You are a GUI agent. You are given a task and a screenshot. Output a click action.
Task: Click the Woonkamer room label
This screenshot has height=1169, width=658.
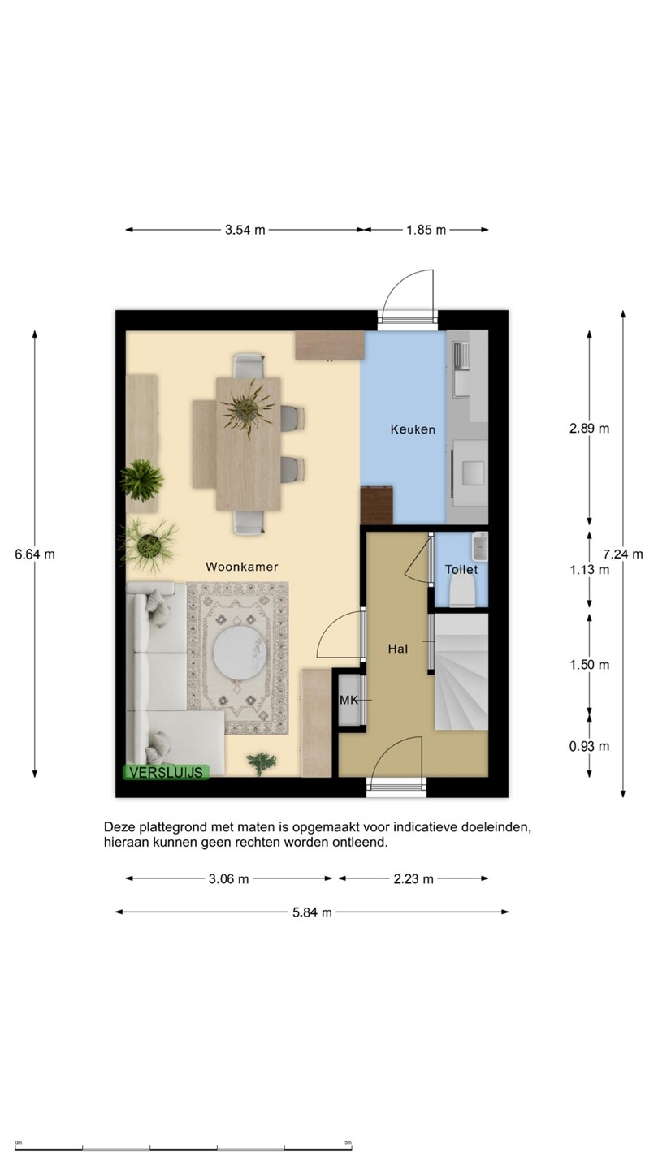point(242,567)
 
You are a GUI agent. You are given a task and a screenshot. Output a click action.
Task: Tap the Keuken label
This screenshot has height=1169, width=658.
point(413,429)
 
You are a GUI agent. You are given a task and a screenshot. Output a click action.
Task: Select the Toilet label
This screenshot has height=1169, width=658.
point(461,569)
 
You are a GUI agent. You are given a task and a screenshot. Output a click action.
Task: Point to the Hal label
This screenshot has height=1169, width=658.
point(398,649)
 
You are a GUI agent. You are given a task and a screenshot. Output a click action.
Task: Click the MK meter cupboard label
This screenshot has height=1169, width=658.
point(348,700)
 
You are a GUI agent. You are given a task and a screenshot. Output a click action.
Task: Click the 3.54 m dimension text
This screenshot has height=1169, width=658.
point(245,230)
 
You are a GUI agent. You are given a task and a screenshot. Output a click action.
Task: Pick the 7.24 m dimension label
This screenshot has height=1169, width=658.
point(622,554)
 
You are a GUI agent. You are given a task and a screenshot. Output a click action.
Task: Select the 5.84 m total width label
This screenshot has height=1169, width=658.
point(312,912)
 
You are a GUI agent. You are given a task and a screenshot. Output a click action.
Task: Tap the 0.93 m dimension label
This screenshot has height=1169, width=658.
point(589,746)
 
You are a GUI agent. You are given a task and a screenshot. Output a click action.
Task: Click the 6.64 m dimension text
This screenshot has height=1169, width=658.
point(34,554)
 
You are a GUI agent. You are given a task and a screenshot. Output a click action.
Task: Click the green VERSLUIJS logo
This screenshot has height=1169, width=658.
point(166,772)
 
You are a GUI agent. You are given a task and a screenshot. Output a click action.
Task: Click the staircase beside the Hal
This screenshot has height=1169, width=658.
point(461,672)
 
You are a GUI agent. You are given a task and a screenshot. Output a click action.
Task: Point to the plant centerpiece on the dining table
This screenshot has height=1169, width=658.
point(248,408)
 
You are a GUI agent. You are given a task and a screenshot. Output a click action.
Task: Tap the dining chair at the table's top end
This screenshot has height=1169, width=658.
point(248,365)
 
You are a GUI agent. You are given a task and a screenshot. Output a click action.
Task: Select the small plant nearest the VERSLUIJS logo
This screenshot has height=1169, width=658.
point(262,763)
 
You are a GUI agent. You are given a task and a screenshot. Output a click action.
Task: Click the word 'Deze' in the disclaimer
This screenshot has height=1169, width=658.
point(119,827)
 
